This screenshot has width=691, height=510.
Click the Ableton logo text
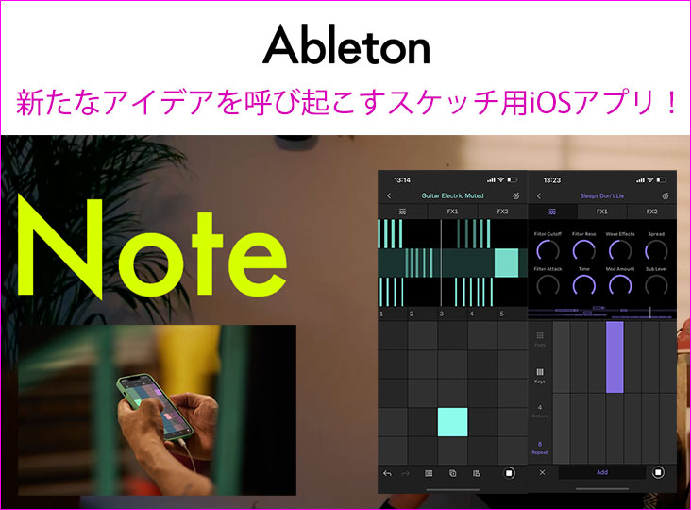346,44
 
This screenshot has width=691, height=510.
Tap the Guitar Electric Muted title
452,195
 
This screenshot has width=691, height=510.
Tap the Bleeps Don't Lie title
600,195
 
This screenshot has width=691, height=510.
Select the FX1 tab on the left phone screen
452,212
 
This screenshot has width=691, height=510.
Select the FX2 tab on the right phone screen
652,212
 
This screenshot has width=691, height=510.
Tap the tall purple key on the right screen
615,357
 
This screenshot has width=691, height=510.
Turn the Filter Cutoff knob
547,249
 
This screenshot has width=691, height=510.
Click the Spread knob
656,249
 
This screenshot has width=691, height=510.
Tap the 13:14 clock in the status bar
402,178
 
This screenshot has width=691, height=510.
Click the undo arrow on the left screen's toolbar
387,472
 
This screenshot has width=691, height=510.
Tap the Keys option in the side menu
540,376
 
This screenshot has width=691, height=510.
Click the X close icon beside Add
542,471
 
